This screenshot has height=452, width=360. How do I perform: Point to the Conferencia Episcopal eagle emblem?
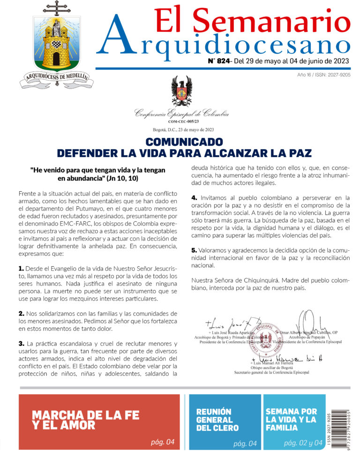[181, 92]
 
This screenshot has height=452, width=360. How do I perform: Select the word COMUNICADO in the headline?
[184, 142]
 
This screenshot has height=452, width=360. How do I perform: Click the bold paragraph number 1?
[21, 269]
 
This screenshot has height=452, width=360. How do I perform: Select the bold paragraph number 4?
[194, 197]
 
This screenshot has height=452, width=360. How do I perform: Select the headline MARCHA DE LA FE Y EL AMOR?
[86, 420]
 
